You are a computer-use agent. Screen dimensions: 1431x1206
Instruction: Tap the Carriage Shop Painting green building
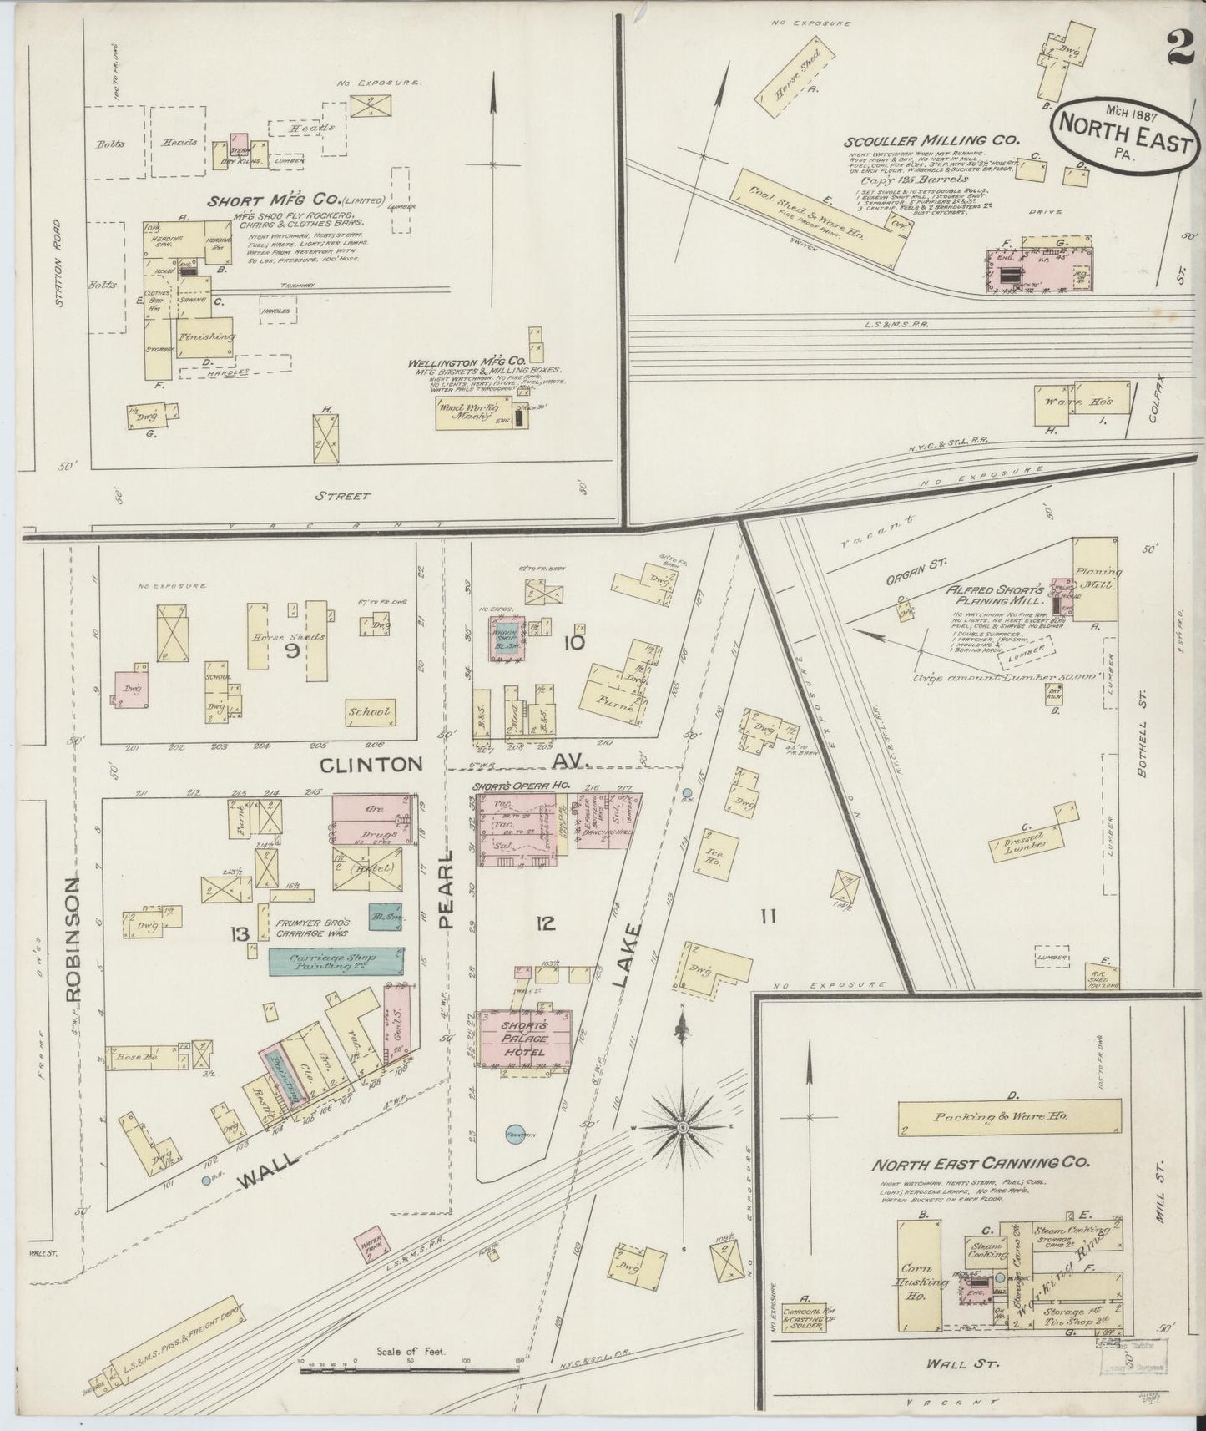[x=336, y=962]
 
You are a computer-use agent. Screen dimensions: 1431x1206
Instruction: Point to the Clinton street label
[x=372, y=764]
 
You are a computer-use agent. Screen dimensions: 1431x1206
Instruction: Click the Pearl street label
[x=445, y=889]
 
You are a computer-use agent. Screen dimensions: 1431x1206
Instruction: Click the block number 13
[x=241, y=933]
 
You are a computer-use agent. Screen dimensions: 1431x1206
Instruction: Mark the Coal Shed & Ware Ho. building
[x=818, y=214]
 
